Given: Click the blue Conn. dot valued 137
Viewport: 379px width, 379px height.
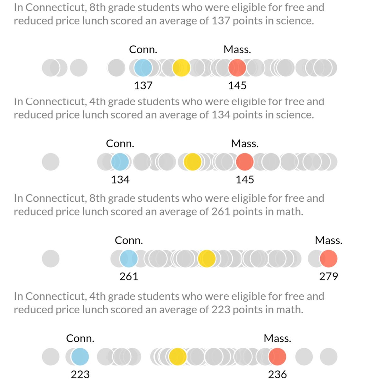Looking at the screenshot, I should point(143,68).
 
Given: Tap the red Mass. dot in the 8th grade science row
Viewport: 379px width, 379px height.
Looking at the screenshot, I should point(237,68).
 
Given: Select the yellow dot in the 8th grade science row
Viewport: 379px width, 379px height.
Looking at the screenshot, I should point(181,68).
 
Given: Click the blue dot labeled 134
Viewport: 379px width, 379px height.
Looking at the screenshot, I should point(120,162).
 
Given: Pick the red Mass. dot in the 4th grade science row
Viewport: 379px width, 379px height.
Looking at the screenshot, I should point(245,162).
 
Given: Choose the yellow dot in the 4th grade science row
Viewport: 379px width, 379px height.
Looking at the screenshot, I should point(192,162).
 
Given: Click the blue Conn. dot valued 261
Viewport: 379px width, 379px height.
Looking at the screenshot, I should point(129,258).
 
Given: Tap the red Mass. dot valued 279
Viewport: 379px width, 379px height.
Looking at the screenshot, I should point(328,258).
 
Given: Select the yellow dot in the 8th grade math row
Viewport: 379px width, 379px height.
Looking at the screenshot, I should point(207,258).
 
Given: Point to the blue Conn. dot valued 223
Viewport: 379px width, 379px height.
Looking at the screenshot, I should point(80,357).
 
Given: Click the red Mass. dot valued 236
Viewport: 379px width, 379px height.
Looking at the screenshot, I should point(277,357).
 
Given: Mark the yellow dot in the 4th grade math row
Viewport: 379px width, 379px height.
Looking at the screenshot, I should point(177,357).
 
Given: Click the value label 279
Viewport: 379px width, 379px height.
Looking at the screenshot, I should point(328,276).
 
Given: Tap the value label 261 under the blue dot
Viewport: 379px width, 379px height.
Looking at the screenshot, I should point(129,276).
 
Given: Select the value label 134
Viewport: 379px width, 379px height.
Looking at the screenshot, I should point(120,180).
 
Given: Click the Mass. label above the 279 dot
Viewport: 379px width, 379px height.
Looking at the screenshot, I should point(328,240).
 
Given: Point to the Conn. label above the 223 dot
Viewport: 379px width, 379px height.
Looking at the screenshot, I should point(80,339).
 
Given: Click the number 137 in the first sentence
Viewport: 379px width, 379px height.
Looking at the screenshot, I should point(220,21).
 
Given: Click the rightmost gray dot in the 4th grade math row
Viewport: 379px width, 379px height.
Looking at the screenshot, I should point(328,357).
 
